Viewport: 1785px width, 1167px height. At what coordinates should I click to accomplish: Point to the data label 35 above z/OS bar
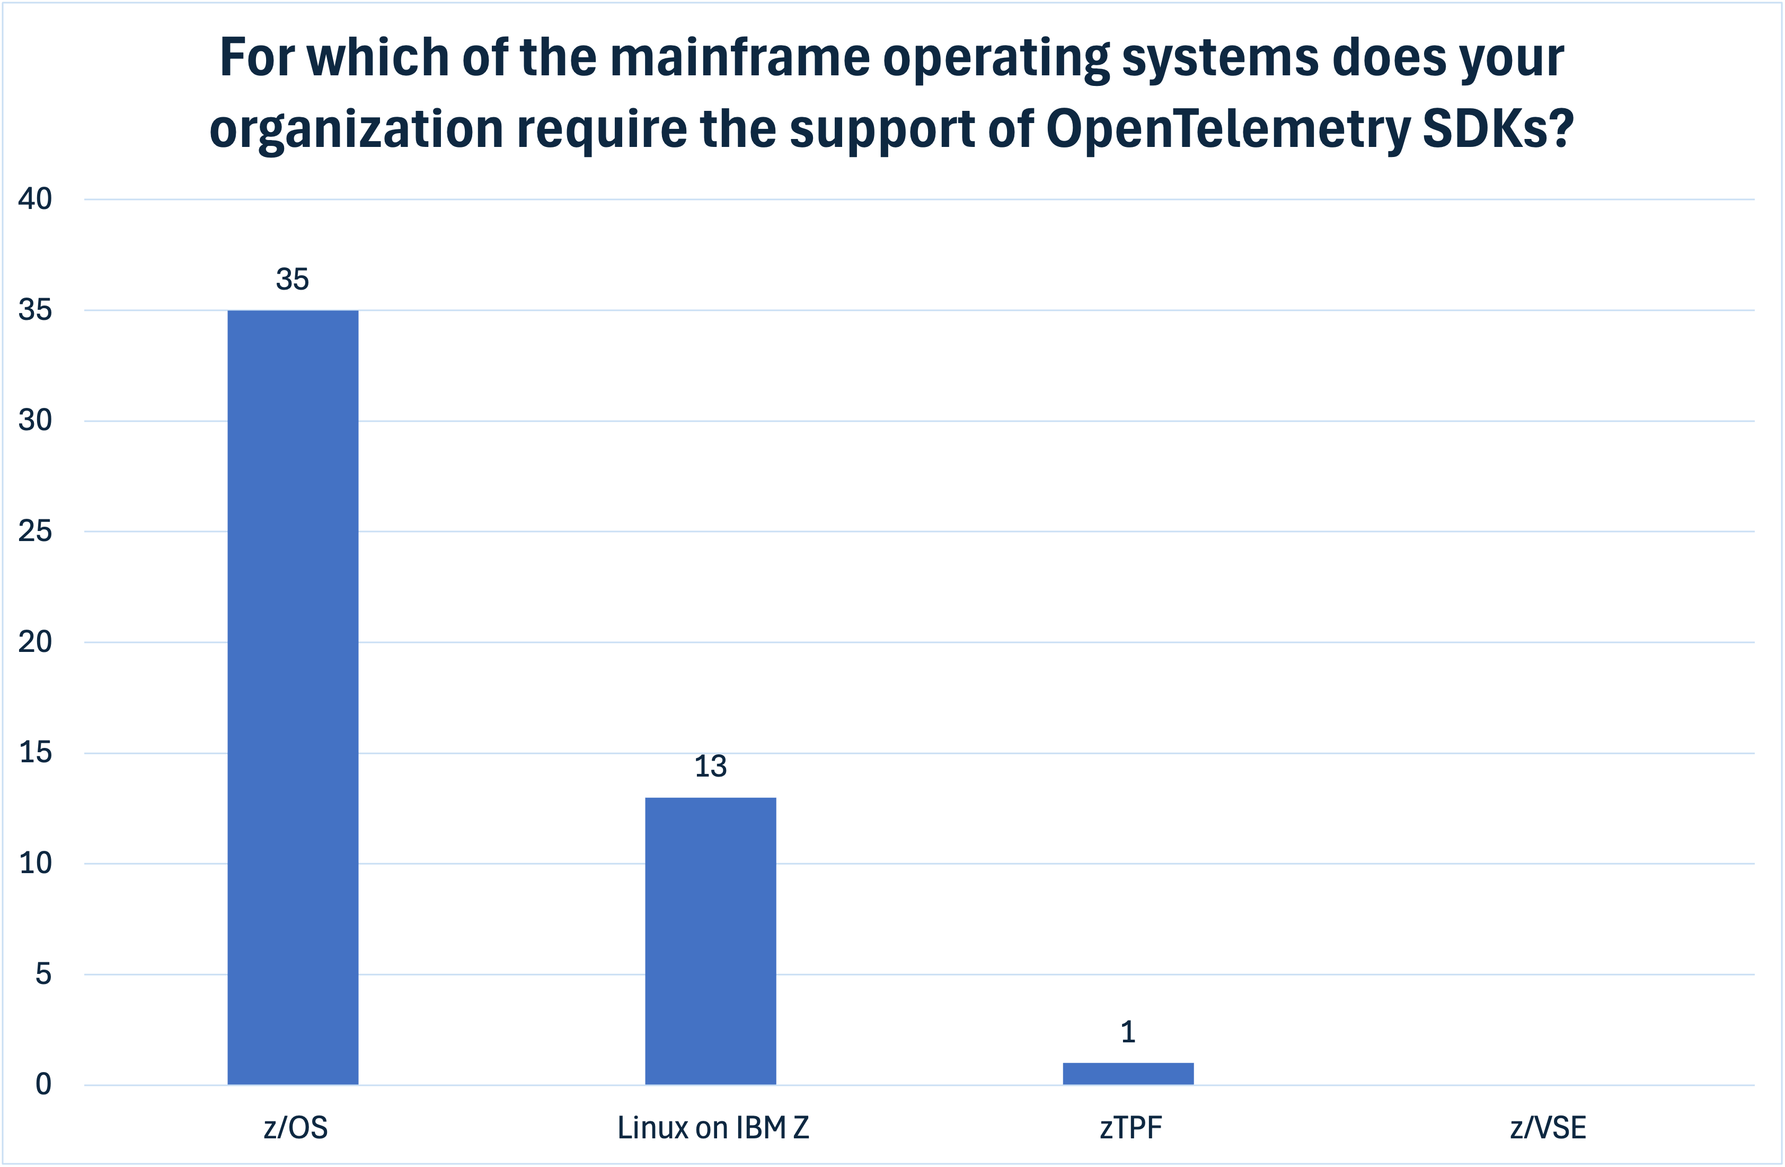293,279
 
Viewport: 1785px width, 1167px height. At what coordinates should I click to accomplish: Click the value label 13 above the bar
710,767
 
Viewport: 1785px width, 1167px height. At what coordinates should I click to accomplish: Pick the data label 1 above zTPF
1128,1033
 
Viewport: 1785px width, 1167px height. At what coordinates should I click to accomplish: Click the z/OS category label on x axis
296,1128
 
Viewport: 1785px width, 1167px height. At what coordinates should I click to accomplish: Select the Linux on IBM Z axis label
713,1128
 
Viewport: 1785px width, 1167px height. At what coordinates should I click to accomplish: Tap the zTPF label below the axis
1131,1128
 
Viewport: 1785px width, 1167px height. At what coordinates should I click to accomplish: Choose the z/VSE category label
1548,1128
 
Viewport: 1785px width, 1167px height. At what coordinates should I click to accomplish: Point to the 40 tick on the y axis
36,199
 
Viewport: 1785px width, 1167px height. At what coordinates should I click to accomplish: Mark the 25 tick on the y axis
36,532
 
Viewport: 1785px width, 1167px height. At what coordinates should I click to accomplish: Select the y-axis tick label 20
36,642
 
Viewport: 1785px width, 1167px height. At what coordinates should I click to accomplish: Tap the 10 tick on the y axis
36,863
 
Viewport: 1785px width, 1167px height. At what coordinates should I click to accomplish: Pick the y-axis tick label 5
43,974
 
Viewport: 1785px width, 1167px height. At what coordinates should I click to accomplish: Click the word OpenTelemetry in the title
1228,129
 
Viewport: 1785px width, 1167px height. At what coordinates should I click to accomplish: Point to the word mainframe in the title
739,58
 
